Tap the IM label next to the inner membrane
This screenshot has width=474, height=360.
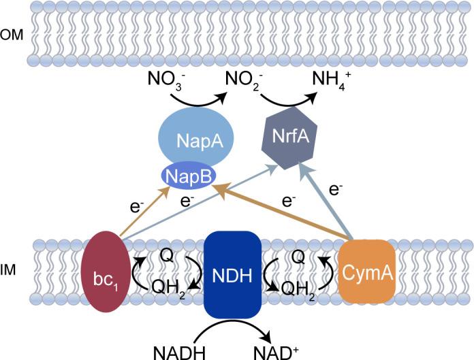click(x=10, y=270)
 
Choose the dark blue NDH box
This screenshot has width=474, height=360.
click(x=233, y=274)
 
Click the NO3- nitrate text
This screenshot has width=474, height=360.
click(x=163, y=88)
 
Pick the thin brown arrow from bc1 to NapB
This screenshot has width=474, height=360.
click(x=145, y=211)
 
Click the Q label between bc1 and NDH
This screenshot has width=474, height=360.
click(x=165, y=253)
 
